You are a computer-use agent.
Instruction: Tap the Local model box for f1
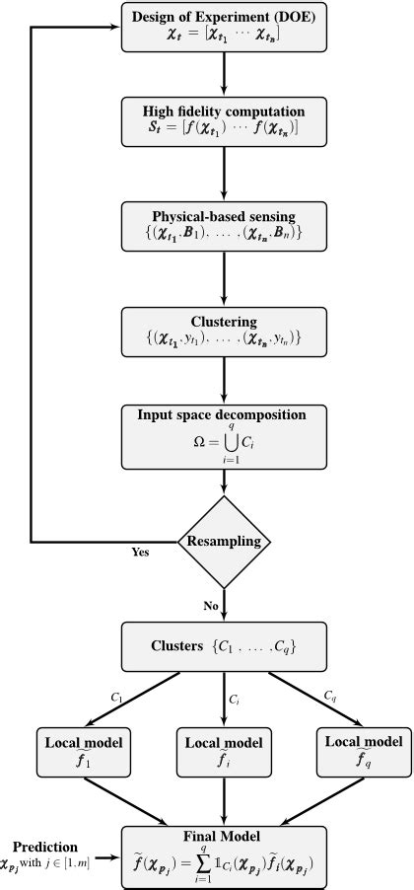pos(78,752)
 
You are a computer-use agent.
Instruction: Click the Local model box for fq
pos(362,752)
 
